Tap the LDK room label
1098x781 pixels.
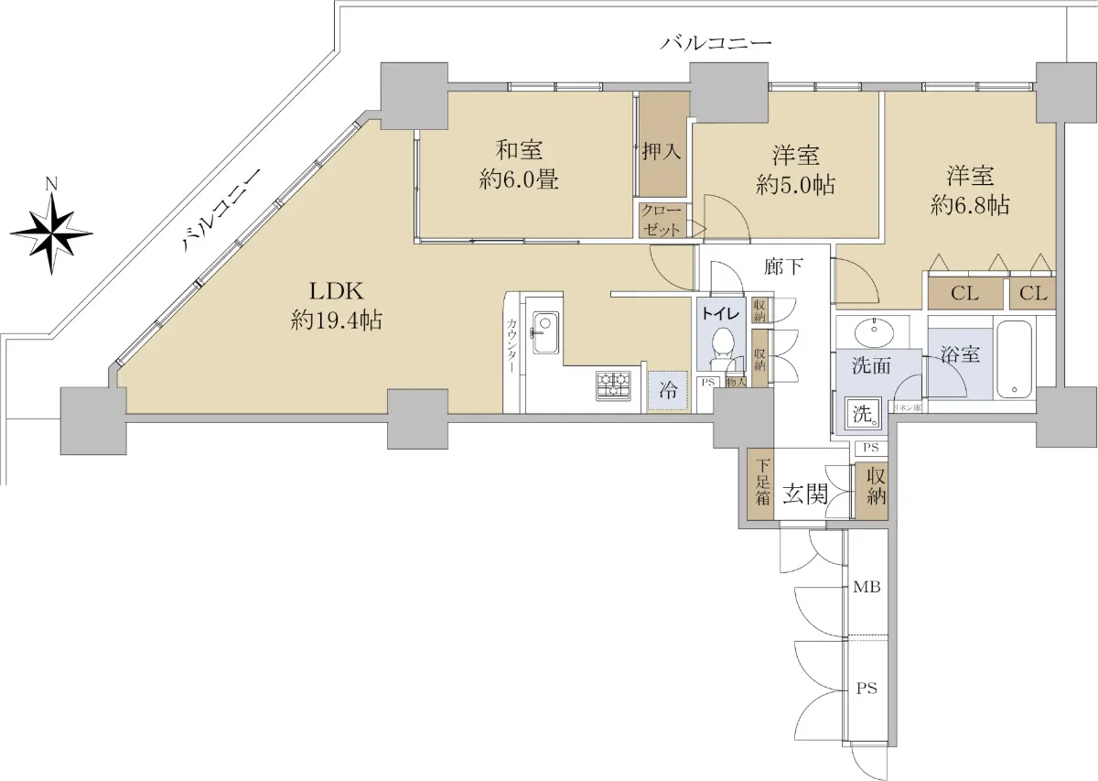337,292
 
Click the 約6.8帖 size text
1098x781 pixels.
970,206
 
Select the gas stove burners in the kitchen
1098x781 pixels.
613,385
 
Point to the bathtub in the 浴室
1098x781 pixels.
1015,358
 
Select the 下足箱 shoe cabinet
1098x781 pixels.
761,485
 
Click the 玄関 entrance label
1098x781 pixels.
805,495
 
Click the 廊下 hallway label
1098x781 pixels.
784,267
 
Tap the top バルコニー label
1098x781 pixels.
716,43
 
